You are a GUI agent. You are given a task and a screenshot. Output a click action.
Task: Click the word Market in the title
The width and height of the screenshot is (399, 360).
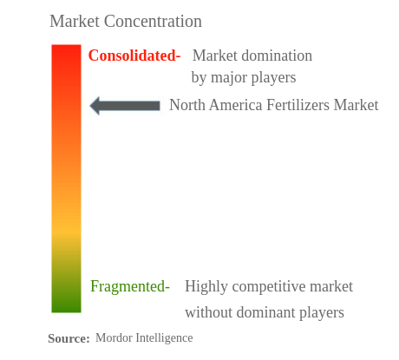pyautogui.click(x=75, y=22)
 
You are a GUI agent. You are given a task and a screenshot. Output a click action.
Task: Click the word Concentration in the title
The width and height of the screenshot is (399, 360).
pyautogui.click(x=153, y=22)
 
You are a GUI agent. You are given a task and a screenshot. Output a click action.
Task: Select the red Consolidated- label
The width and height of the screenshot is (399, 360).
pyautogui.click(x=134, y=56)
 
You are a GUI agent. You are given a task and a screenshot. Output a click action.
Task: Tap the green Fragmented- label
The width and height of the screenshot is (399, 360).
pyautogui.click(x=130, y=286)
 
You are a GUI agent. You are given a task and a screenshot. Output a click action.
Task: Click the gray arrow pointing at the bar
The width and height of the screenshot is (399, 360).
pyautogui.click(x=125, y=106)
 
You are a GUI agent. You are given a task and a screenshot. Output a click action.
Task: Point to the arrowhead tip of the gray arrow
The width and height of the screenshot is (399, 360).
pyautogui.click(x=90, y=106)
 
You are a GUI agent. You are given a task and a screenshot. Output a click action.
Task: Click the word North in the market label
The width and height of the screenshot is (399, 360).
pyautogui.click(x=187, y=105)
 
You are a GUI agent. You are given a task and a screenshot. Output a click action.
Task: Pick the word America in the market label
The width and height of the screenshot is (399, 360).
pyautogui.click(x=236, y=105)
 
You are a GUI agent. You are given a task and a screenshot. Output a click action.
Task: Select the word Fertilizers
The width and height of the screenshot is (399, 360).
pyautogui.click(x=298, y=105)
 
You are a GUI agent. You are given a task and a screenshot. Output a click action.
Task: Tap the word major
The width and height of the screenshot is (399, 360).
pyautogui.click(x=229, y=77)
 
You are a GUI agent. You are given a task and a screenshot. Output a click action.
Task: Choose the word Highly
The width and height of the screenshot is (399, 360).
pyautogui.click(x=206, y=286)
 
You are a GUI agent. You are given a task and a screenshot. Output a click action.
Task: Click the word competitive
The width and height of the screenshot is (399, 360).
pyautogui.click(x=269, y=286)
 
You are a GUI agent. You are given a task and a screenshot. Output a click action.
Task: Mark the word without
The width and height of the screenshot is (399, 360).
pyautogui.click(x=209, y=312)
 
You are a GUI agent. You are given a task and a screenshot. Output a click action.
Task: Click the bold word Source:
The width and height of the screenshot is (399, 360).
pyautogui.click(x=69, y=338)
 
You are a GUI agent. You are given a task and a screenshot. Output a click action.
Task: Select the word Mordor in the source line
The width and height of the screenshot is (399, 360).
pyautogui.click(x=114, y=337)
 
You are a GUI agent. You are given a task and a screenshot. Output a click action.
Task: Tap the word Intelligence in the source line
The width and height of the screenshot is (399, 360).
pyautogui.click(x=165, y=338)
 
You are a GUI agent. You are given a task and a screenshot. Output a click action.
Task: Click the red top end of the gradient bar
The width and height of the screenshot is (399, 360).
pyautogui.click(x=66, y=47)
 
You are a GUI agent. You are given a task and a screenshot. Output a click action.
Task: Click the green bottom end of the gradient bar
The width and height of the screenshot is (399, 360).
pyautogui.click(x=66, y=310)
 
